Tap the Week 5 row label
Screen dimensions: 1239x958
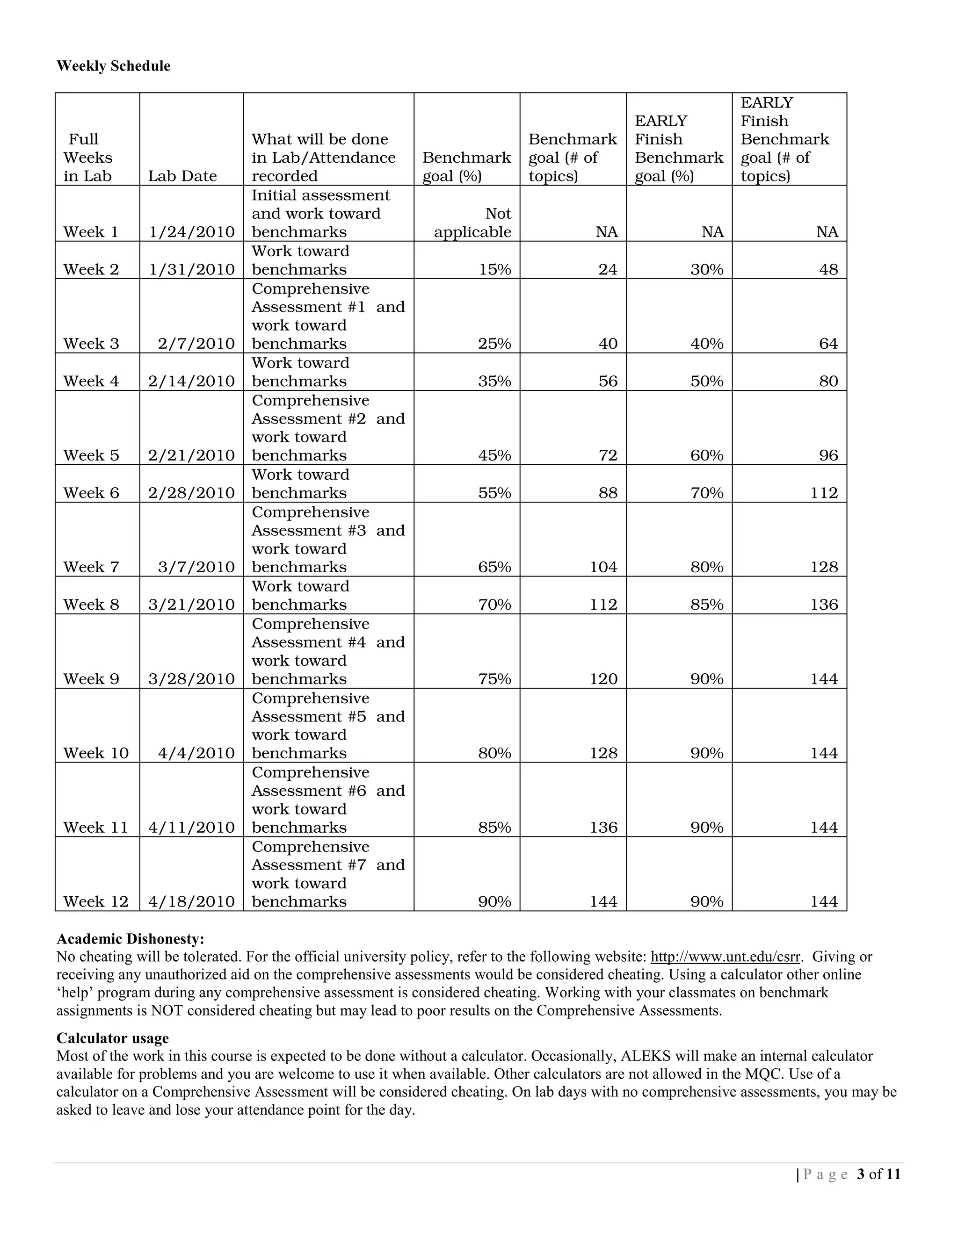click(x=91, y=455)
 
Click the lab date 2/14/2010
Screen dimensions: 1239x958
click(x=191, y=381)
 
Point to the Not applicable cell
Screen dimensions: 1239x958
click(x=473, y=223)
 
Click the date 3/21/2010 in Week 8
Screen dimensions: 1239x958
click(x=191, y=604)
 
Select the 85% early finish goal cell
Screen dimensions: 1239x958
click(x=707, y=604)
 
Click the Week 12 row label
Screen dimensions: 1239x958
click(x=96, y=901)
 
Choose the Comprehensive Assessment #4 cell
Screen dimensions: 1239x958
click(x=328, y=651)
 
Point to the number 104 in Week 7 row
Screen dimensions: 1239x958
click(x=603, y=567)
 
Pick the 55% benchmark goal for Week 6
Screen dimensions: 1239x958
click(x=494, y=492)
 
